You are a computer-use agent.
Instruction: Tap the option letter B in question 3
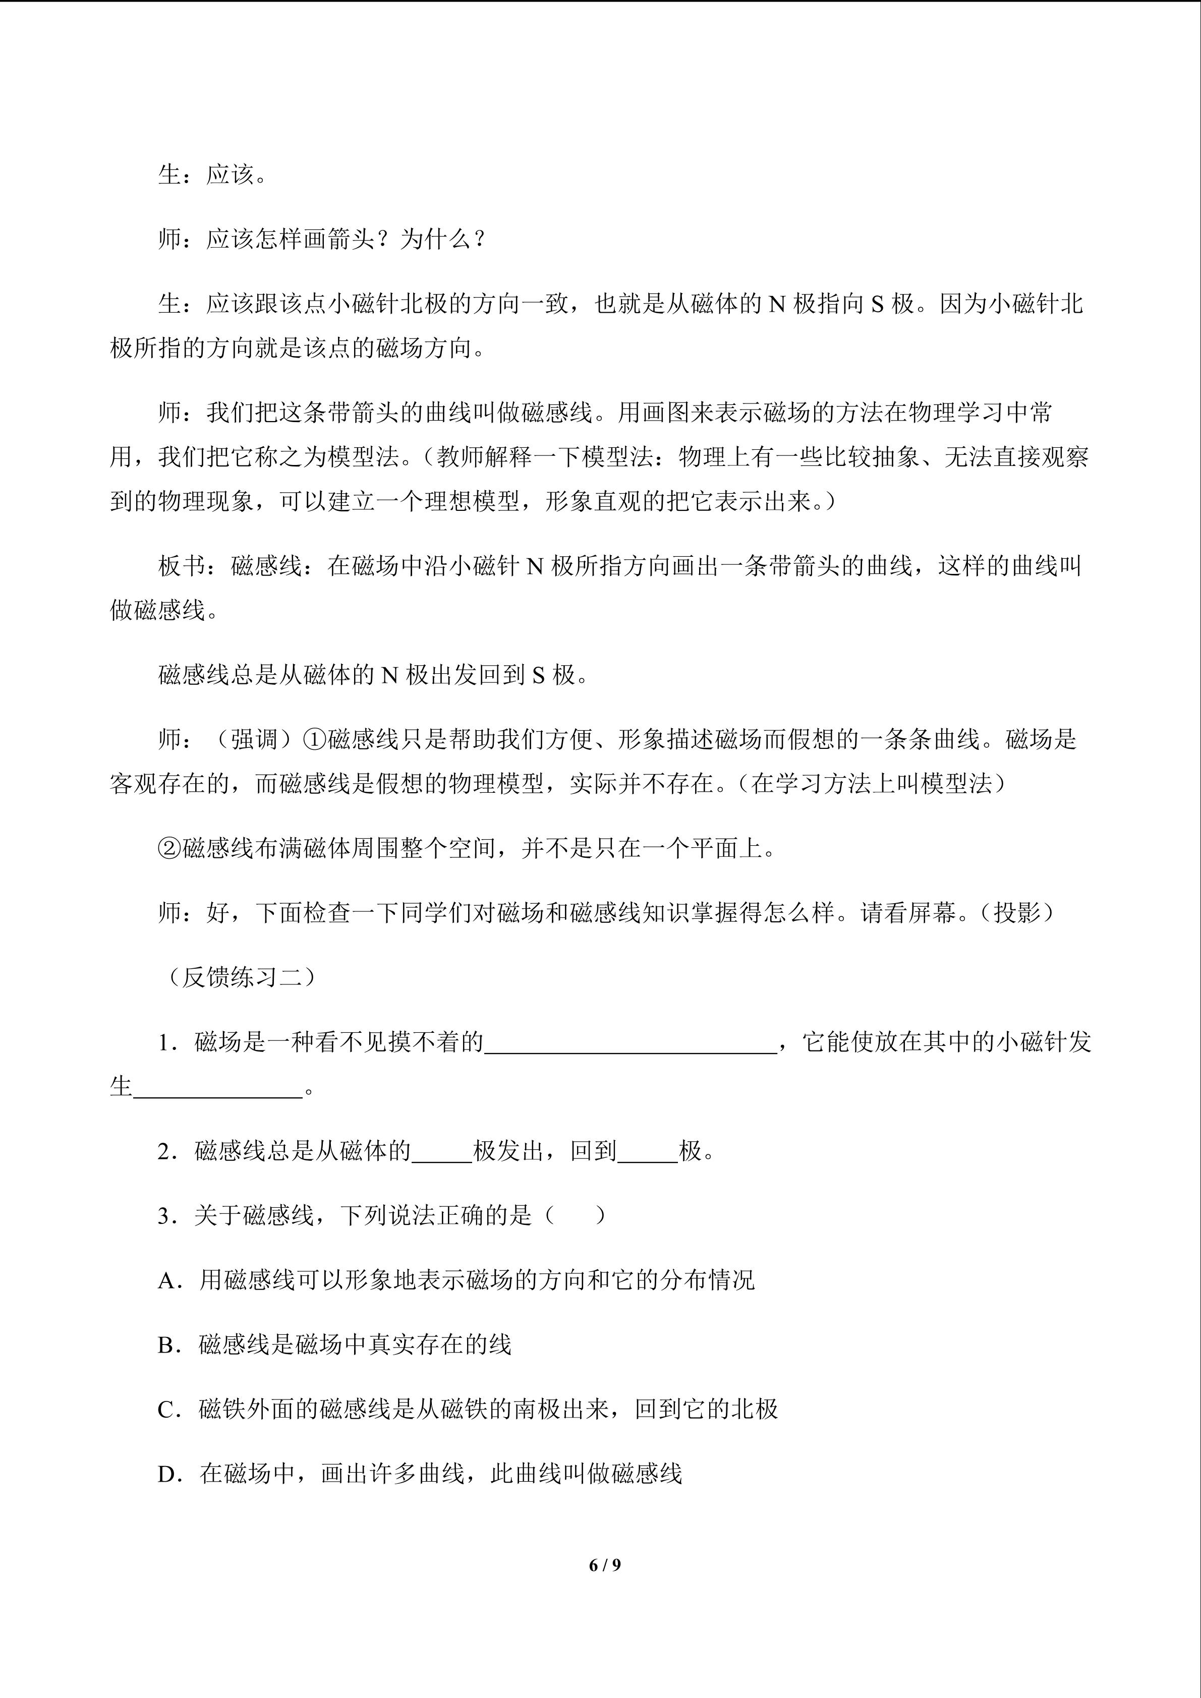(x=169, y=1345)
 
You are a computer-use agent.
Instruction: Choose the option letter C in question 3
(x=169, y=1410)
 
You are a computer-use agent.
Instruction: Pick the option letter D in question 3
(x=169, y=1474)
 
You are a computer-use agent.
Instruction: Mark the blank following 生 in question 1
(x=218, y=1088)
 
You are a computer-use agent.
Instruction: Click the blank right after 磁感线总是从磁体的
(x=441, y=1151)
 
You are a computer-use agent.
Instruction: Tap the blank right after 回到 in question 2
(x=647, y=1151)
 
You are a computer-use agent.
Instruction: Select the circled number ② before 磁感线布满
(x=169, y=848)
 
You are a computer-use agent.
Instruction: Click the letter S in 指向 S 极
(x=877, y=304)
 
